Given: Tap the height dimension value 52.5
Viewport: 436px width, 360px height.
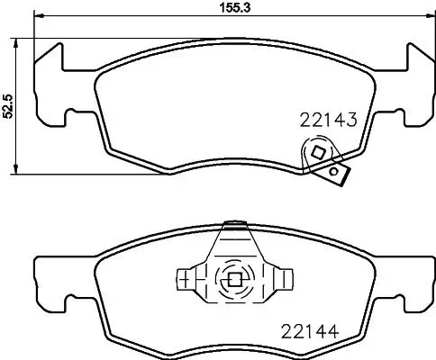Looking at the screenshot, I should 9,105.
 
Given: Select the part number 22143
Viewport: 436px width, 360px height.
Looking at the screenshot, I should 329,120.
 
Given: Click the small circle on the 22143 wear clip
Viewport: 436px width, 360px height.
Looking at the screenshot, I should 335,171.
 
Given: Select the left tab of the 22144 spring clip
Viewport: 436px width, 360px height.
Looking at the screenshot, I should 187,279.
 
